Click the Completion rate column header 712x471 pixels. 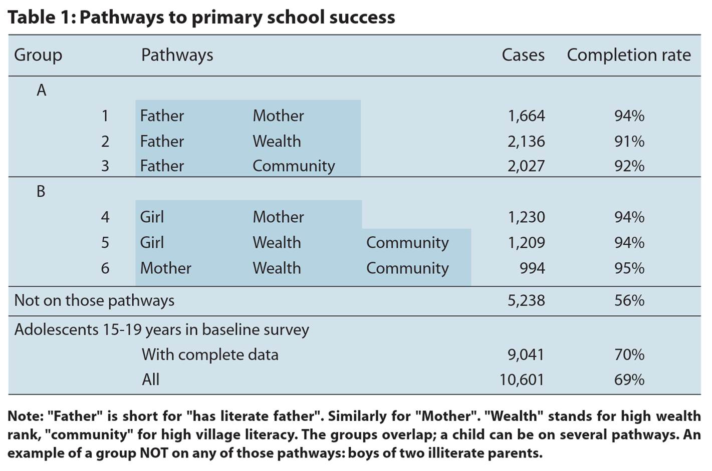coord(628,55)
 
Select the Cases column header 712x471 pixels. coord(523,55)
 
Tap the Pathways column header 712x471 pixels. coord(177,55)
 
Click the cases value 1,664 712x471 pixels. coord(526,116)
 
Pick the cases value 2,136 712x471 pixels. coord(526,141)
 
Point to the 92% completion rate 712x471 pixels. coord(629,166)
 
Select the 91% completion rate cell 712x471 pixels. coord(629,141)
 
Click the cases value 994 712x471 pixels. coord(532,268)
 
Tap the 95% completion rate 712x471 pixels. coord(629,268)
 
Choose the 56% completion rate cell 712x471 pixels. coord(629,300)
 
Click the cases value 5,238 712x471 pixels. coord(526,300)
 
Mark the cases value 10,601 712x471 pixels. coord(522,379)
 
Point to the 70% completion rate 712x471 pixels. coord(629,354)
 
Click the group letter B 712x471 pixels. coord(41,191)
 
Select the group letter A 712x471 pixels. coord(41,90)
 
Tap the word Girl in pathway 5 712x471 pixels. coord(152,242)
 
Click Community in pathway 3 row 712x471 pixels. coord(294,166)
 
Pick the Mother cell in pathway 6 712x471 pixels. coord(165,268)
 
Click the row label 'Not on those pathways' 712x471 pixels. coord(94,300)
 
